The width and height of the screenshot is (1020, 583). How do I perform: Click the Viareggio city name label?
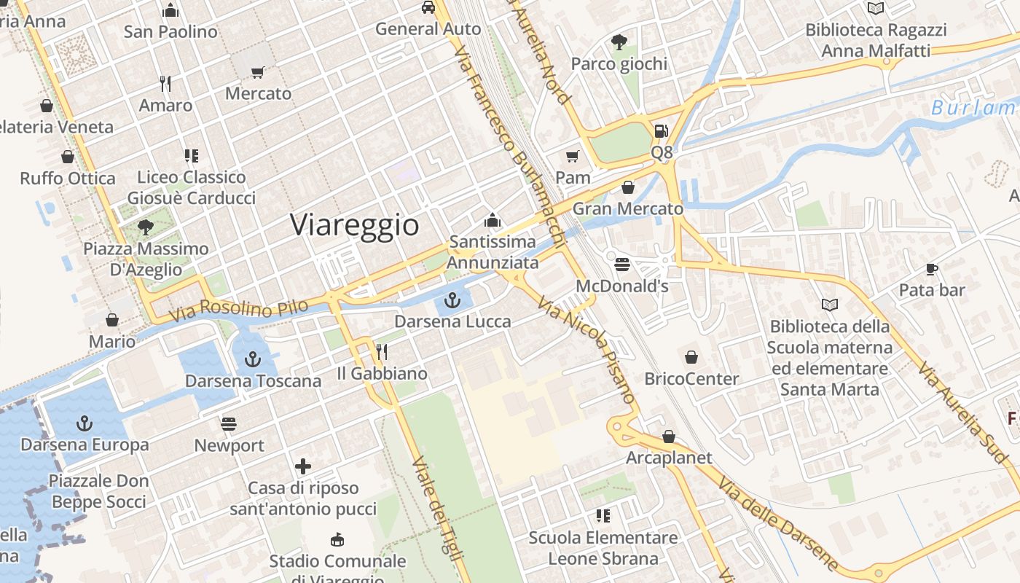pos(355,224)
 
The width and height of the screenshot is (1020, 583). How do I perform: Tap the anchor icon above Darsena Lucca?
pos(453,300)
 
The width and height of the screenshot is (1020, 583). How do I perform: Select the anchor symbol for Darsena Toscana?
pos(252,359)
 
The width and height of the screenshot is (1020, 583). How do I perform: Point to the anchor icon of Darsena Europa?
pos(85,423)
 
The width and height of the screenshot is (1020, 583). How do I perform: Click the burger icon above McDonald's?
pos(621,264)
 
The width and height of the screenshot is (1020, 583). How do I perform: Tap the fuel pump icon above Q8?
pos(661,131)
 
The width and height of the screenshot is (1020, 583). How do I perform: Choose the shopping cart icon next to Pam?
pos(573,156)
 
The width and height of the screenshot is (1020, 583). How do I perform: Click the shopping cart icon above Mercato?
pos(257,72)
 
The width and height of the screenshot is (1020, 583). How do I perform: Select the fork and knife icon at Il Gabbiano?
pos(381,352)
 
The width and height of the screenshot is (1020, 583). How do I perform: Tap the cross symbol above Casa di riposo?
pos(303,466)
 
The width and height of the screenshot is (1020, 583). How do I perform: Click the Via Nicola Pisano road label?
pos(587,351)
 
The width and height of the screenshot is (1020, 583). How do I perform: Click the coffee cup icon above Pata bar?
pos(931,269)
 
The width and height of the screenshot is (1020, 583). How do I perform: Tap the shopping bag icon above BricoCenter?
pos(691,357)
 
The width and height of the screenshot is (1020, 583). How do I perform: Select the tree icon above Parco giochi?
pos(619,42)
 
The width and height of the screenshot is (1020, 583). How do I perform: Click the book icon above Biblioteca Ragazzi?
pos(876,8)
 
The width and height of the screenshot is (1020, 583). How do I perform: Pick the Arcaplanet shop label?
pos(669,458)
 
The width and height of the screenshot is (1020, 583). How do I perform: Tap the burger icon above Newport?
pos(229,424)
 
